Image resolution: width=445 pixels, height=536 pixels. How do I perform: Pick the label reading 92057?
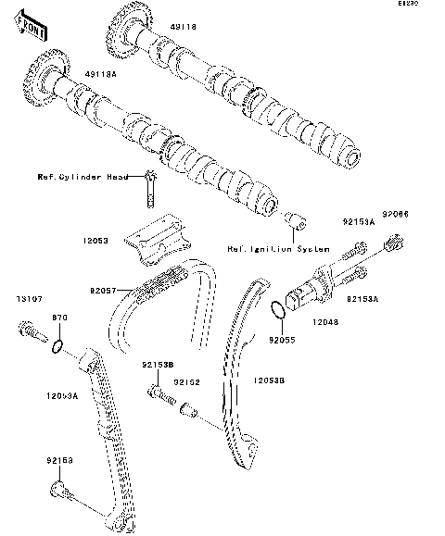105,291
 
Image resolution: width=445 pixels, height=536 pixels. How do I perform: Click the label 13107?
29,299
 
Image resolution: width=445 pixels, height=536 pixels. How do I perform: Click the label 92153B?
158,366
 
